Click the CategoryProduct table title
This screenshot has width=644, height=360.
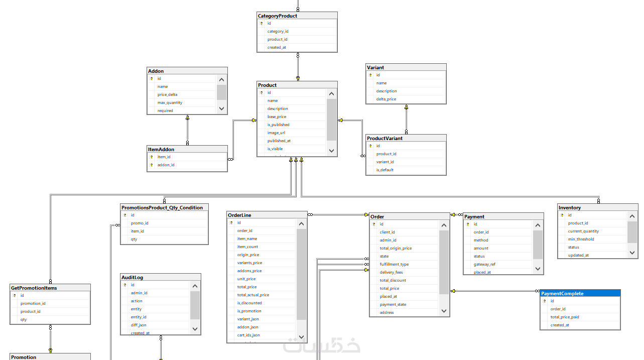pos(278,16)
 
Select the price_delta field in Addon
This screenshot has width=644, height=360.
pos(167,94)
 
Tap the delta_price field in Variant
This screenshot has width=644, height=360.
pos(386,99)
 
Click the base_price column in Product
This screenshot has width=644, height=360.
pos(277,116)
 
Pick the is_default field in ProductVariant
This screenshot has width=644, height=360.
pos(385,170)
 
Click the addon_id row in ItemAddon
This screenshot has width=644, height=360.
pos(166,165)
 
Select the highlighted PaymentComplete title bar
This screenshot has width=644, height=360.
pos(580,293)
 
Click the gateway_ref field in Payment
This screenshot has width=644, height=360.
pos(484,264)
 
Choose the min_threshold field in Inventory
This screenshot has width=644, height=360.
pos(581,239)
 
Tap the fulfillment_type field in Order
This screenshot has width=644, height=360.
pos(394,264)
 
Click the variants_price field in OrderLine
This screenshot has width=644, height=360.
pos(249,263)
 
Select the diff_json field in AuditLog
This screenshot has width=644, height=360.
pos(139,325)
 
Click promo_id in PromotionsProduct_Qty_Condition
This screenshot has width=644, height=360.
pos(140,223)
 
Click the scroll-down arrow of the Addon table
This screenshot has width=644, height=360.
pos(221,108)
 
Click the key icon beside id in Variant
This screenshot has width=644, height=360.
pos(370,75)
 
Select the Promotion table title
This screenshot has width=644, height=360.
pos(24,357)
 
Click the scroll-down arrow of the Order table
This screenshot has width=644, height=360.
pos(444,311)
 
